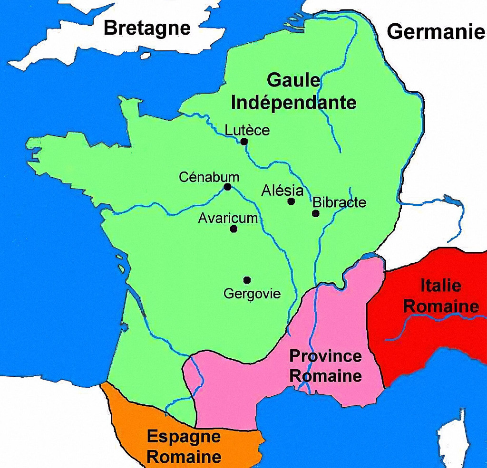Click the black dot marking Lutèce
tap(244, 142)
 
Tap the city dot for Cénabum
tap(227, 187)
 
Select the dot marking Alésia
tap(291, 201)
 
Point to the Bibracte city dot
tap(315, 213)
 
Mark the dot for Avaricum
tap(234, 229)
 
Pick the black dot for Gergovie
tap(247, 279)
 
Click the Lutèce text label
tap(247, 130)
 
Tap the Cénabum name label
tap(209, 177)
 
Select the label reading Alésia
tap(282, 191)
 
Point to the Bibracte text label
tap(340, 202)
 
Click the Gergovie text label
tap(252, 294)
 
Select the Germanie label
tap(435, 32)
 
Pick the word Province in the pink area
tap(326, 355)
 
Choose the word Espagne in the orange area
tap(184, 436)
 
